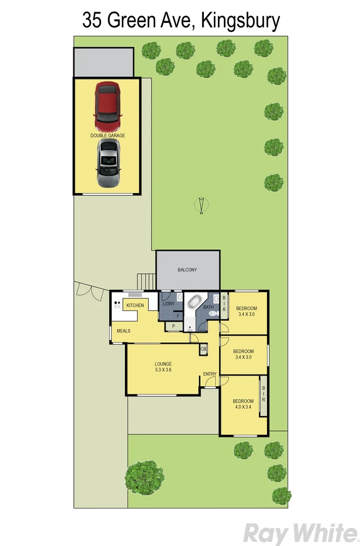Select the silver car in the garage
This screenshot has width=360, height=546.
click(108, 163)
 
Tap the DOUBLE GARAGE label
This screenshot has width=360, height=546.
click(108, 135)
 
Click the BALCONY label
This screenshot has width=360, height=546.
click(187, 270)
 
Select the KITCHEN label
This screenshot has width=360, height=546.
click(135, 305)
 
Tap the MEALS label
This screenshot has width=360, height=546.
click(124, 331)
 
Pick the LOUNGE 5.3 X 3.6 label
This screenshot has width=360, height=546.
click(163, 367)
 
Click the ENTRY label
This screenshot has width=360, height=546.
click(210, 374)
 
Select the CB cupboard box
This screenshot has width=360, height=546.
click(203, 349)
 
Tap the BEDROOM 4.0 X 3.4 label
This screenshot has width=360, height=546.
click(243, 404)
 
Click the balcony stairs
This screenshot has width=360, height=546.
click(146, 281)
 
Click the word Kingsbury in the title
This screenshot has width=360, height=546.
click(241, 21)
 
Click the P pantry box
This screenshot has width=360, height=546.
click(173, 327)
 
